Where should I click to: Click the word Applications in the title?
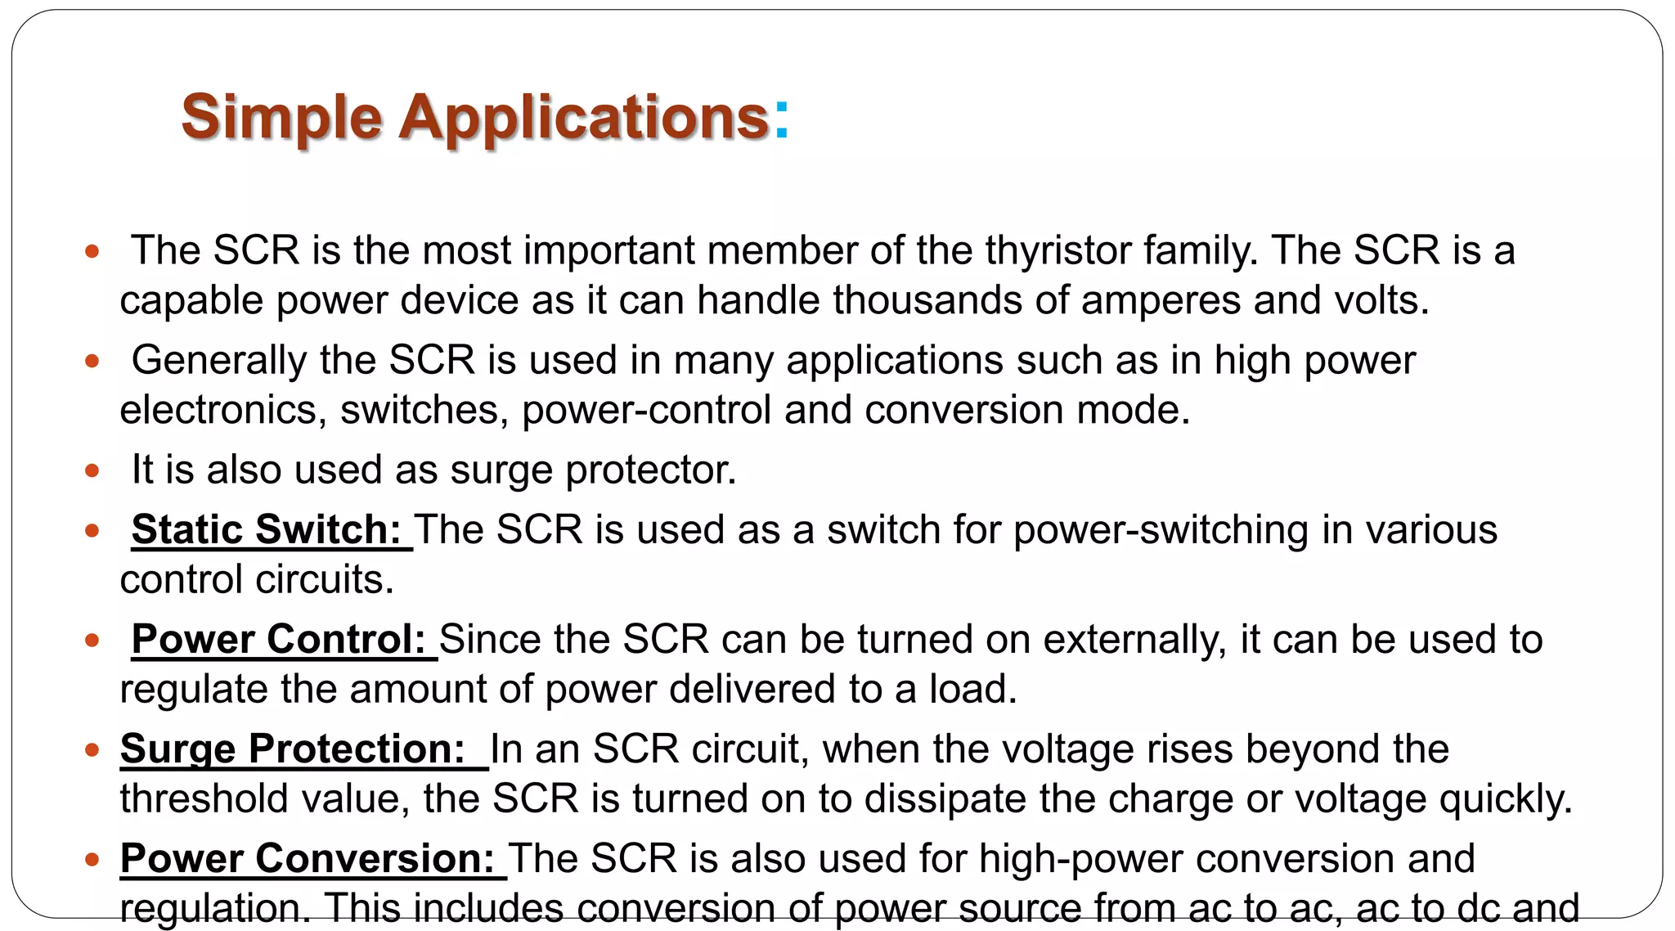(584, 118)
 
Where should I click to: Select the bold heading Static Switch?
(267, 529)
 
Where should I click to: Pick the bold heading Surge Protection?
(293, 749)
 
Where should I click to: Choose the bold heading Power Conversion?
(308, 858)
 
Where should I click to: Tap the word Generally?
(219, 361)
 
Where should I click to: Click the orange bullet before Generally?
(92, 360)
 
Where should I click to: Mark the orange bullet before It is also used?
(92, 470)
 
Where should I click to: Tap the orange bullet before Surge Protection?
(92, 749)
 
